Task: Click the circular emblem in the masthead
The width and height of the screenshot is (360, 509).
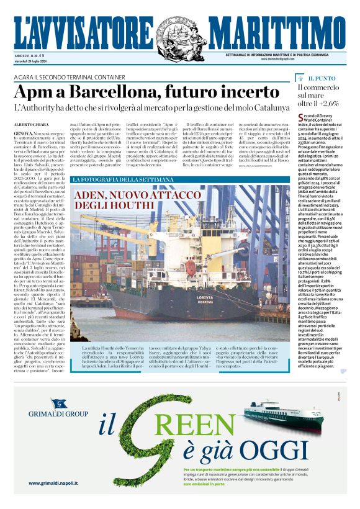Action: [180, 30]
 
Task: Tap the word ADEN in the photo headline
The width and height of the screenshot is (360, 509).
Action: [91, 194]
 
